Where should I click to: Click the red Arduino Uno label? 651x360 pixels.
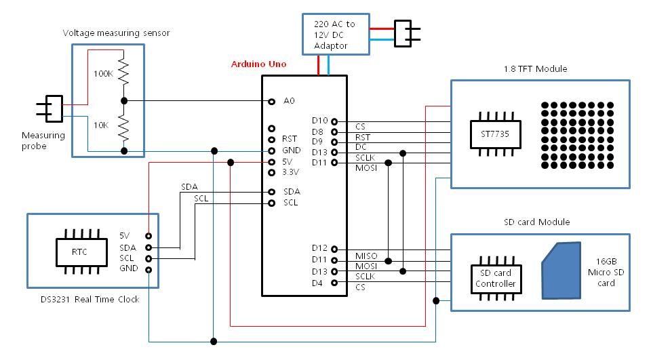click(x=258, y=64)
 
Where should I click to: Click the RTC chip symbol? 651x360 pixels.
click(x=80, y=252)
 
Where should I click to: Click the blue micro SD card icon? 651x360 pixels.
click(x=561, y=271)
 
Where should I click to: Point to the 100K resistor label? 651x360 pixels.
click(x=103, y=73)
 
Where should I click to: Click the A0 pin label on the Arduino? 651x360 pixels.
click(x=290, y=101)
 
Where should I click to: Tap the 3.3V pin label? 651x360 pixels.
click(x=290, y=172)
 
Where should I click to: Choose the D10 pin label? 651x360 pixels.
click(x=319, y=121)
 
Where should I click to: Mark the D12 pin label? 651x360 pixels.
click(x=319, y=249)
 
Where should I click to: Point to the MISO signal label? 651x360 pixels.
click(x=366, y=256)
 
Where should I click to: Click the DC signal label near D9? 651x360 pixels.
click(x=361, y=146)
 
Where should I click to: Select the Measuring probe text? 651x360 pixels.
click(x=43, y=140)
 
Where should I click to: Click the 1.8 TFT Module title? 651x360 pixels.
click(x=536, y=69)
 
